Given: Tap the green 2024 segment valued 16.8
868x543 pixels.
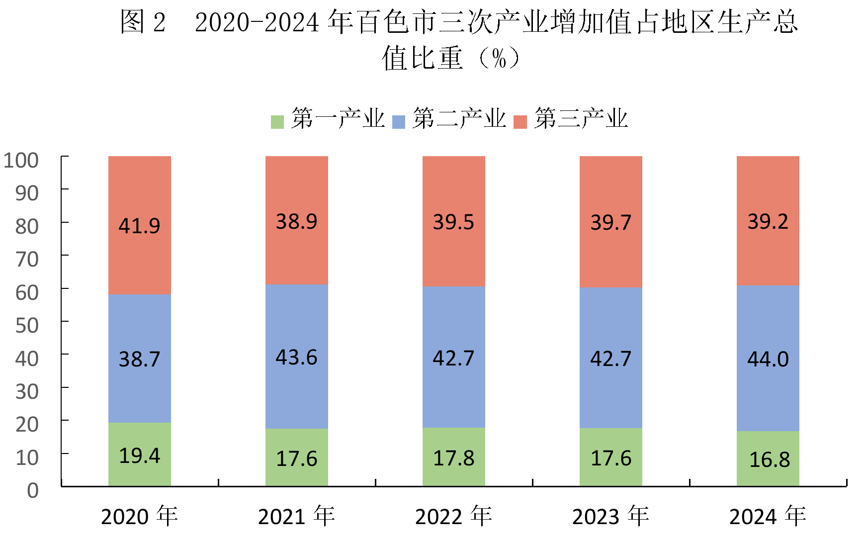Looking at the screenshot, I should pos(768,458).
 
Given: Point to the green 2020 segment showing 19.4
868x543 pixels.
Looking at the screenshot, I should pos(140,454).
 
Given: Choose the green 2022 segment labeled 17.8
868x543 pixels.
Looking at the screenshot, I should pos(454,457).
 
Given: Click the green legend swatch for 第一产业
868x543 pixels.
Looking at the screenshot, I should pos(277,122).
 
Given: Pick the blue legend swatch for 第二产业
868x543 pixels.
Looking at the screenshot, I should pos(399,122).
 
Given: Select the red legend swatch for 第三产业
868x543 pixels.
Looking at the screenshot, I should pos(520,122).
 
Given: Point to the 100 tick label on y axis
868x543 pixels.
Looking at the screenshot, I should pos(21,160).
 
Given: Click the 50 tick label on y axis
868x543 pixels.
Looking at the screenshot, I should pos(27,325).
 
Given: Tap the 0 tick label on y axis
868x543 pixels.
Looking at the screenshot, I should pos(33,490).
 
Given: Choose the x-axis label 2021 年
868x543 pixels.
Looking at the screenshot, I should pos(297,516).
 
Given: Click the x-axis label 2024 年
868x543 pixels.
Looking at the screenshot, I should pos(768,516).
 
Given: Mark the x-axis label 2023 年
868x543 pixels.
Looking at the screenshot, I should pos(611,516).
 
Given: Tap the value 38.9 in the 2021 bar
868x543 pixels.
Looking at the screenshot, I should pos(297,221).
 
